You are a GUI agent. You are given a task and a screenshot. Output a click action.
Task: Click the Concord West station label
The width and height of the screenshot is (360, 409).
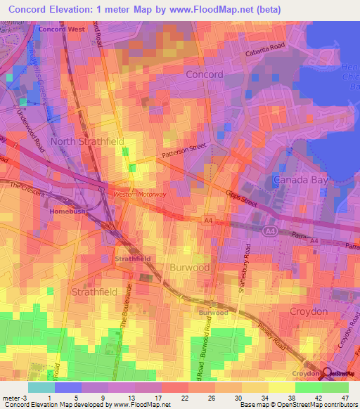point(60,30)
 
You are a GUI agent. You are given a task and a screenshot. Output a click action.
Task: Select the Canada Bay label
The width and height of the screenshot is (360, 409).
point(300,181)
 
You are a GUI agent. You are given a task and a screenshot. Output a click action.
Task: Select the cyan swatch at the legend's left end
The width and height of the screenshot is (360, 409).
point(41,387)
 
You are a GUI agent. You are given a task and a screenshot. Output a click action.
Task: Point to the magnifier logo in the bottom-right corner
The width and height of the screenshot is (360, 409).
point(328,373)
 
